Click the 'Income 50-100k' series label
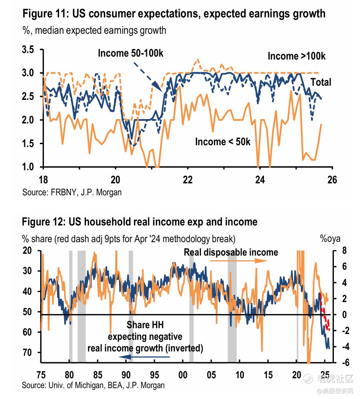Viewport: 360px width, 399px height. tap(131, 53)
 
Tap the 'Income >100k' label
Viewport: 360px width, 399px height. tap(296, 56)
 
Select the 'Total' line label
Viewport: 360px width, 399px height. tap(321, 82)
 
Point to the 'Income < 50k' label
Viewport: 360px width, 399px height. tap(222, 142)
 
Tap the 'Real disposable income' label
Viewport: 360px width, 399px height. tap(231, 252)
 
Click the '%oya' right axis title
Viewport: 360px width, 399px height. tap(330, 239)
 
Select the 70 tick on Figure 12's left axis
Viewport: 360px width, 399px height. tap(28, 353)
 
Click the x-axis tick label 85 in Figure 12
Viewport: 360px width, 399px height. tap(98, 374)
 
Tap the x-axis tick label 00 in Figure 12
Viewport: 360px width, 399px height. tap(183, 374)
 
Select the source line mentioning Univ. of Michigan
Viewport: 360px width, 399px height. tap(93, 385)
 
